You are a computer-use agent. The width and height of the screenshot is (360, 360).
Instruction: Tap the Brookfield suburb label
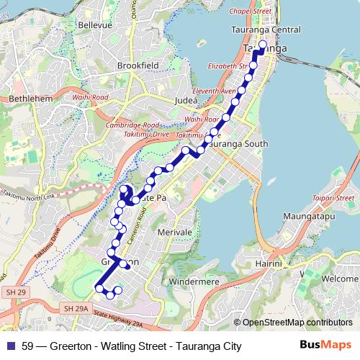(138, 65)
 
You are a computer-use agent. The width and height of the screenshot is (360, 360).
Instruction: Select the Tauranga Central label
(266, 30)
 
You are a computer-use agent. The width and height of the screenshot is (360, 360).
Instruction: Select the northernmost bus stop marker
(263, 45)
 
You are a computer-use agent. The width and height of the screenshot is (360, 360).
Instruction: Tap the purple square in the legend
(11, 346)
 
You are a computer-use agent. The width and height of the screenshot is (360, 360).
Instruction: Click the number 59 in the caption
(28, 346)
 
